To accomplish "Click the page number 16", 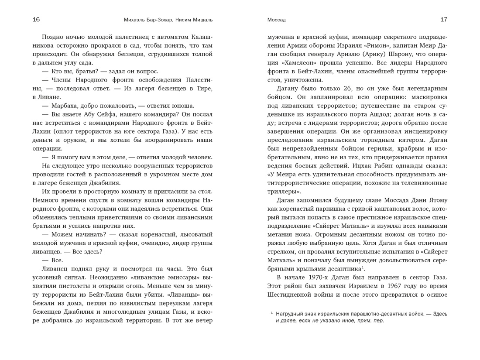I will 36,20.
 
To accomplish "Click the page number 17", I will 444,20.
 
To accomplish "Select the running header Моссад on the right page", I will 276,20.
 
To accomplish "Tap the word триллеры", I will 281,192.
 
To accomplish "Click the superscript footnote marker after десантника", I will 363,267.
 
